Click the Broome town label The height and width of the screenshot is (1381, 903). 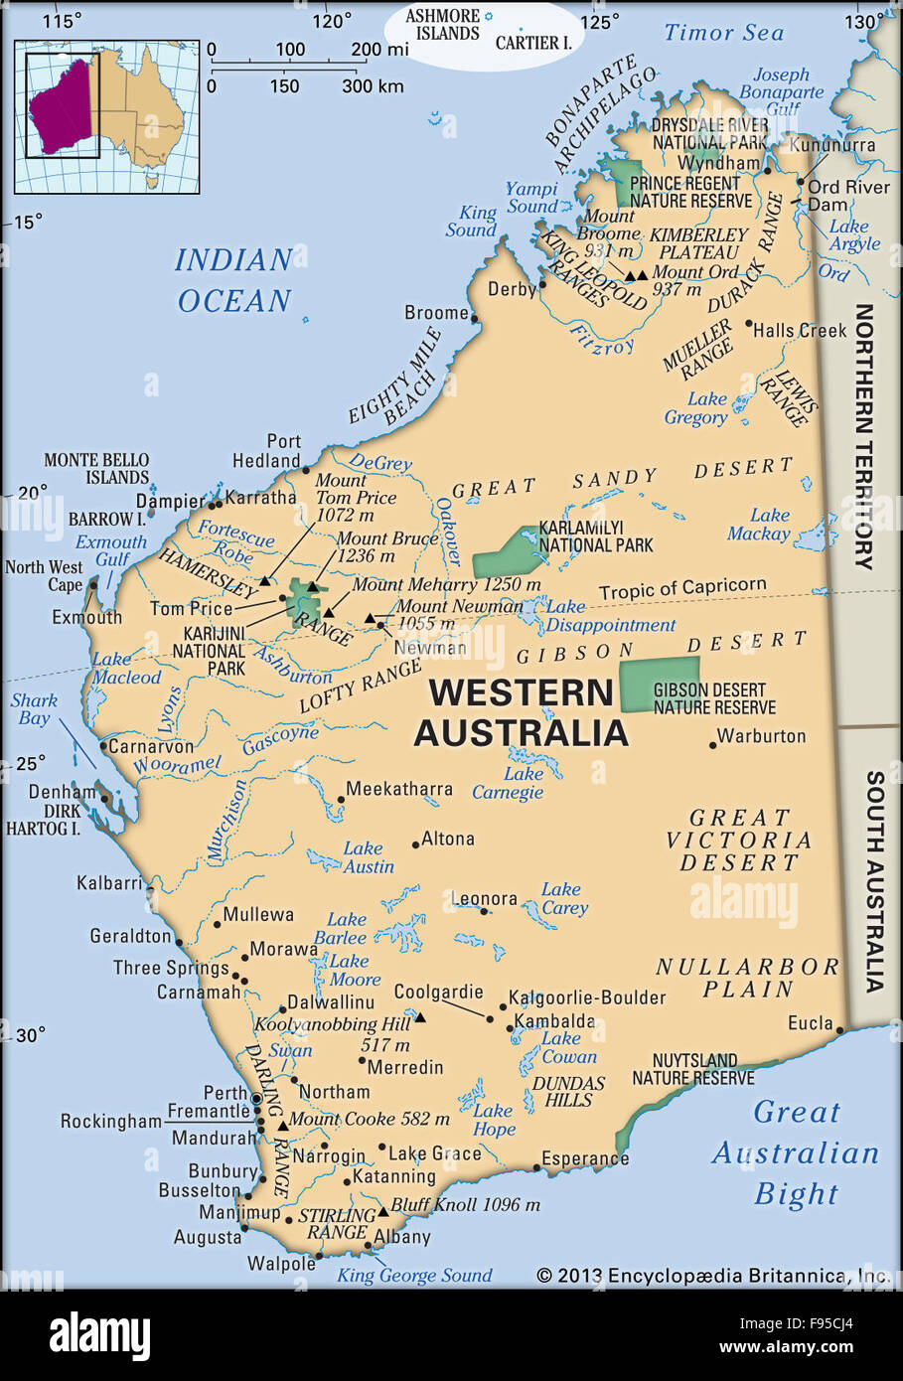436,313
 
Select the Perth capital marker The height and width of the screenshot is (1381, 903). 255,1099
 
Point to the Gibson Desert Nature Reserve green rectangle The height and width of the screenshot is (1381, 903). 659,683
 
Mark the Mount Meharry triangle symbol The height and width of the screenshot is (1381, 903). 329,612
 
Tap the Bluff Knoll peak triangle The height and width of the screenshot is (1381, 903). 382,1211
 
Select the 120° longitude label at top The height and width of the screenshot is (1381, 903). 332,21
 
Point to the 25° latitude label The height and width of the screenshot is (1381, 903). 30,763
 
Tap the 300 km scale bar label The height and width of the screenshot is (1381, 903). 373,86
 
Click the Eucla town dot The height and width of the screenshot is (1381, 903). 839,1030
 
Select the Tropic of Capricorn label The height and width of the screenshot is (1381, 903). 681,588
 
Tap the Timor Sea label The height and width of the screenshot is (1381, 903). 723,33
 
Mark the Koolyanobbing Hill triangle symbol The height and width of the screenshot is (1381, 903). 419,1017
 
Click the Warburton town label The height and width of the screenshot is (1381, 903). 761,736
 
